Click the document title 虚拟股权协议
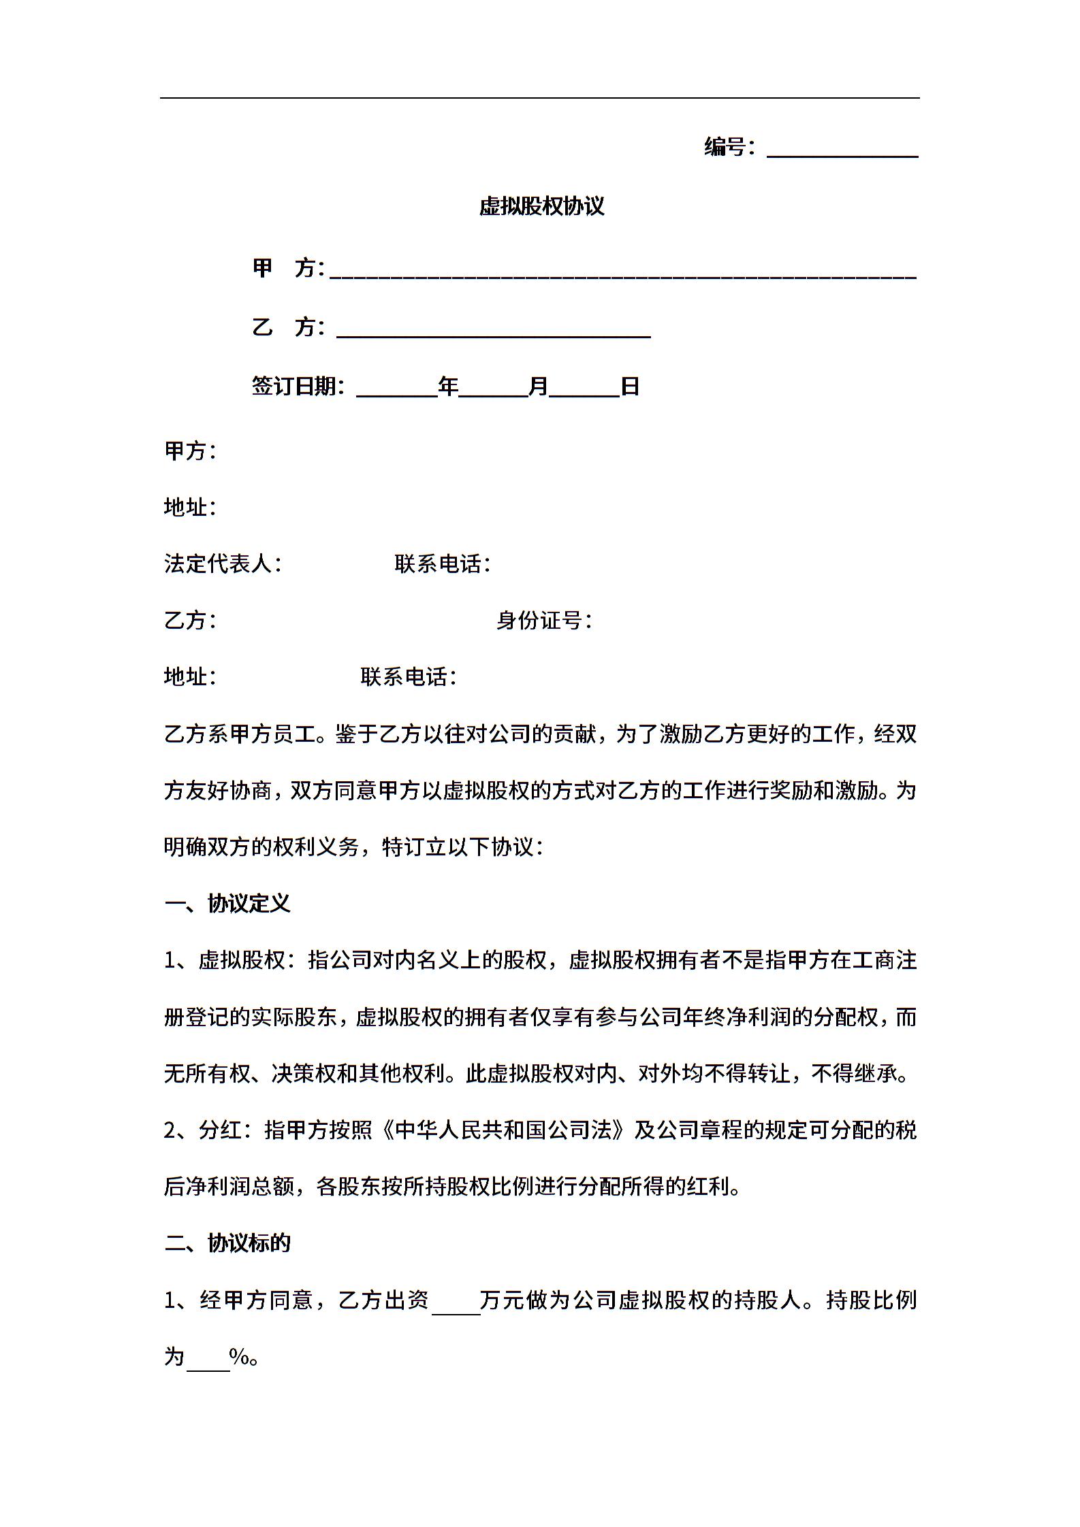pyautogui.click(x=541, y=206)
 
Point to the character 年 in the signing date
pyautogui.click(x=448, y=387)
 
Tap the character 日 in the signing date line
pyautogui.click(x=630, y=387)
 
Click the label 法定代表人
pyautogui.click(x=219, y=563)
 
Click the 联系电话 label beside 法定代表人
pyautogui.click(x=439, y=563)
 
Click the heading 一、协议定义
pyautogui.click(x=227, y=903)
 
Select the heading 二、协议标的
pyautogui.click(x=227, y=1243)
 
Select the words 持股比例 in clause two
pyautogui.click(x=872, y=1300)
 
